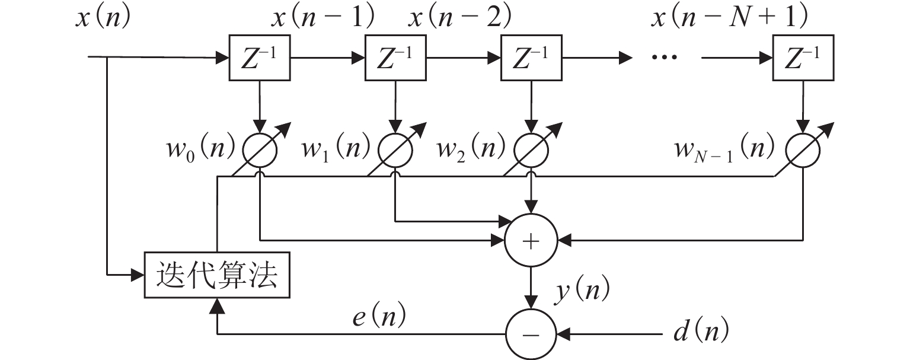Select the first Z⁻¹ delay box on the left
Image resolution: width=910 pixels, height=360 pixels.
(260, 58)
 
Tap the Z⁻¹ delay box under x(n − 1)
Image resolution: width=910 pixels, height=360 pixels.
(395, 58)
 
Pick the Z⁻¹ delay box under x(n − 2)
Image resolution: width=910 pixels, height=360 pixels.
(531, 58)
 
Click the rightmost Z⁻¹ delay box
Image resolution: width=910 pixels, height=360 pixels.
(803, 58)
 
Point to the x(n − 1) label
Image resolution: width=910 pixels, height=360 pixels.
(323, 19)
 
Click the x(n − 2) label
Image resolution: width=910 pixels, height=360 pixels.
(459, 19)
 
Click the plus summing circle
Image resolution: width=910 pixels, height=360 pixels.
(531, 240)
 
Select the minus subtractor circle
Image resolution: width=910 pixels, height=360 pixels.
(531, 333)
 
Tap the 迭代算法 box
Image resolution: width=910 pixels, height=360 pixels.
(217, 276)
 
